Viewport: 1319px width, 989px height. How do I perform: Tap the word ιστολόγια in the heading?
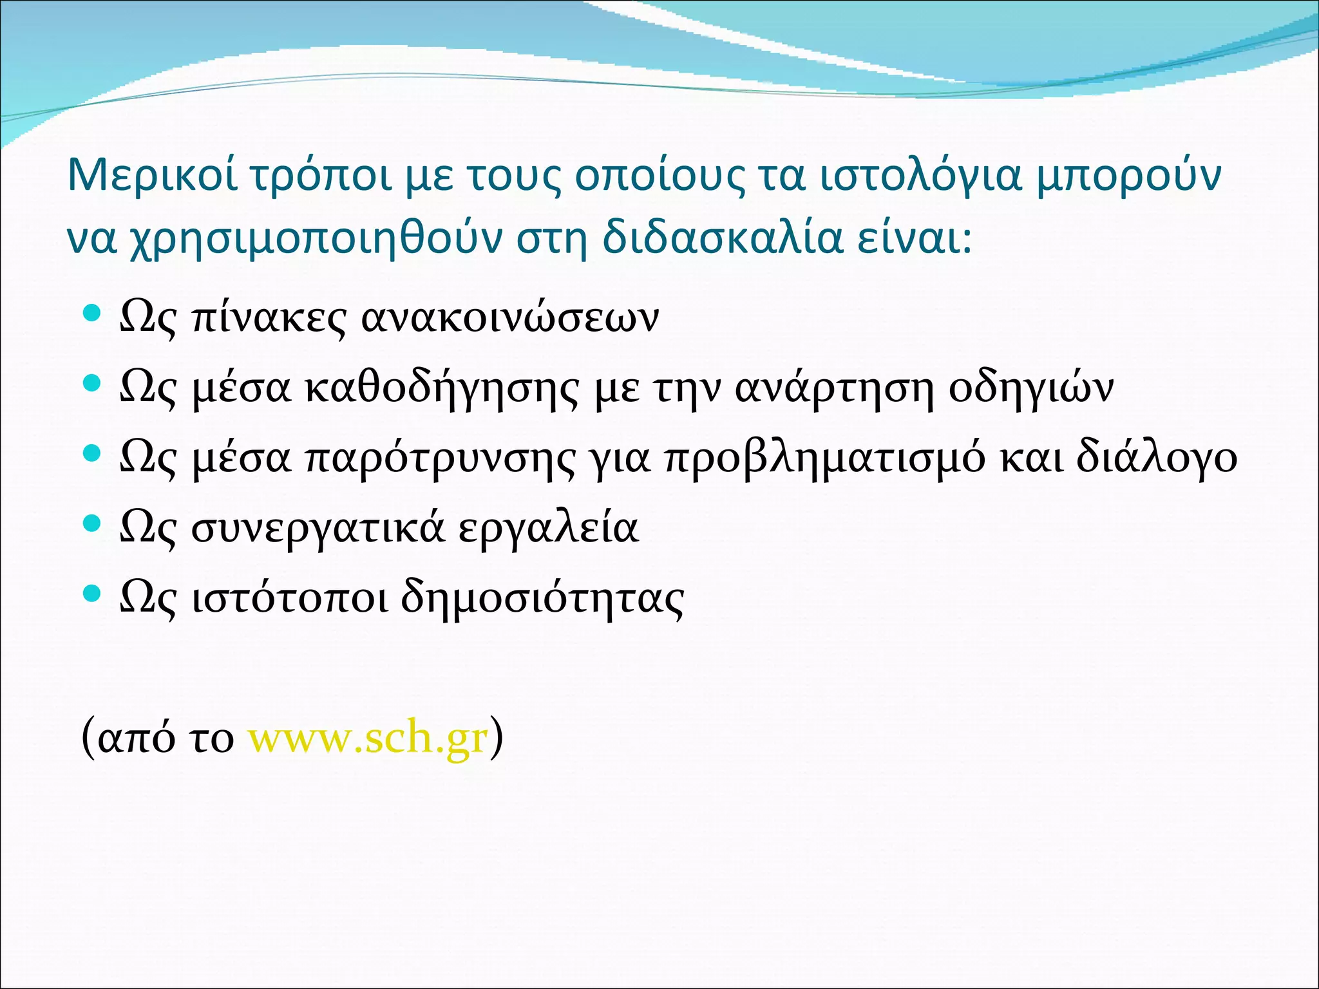(x=920, y=176)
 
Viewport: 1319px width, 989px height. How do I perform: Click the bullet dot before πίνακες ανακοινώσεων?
(x=93, y=314)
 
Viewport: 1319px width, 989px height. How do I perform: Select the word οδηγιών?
(x=1031, y=388)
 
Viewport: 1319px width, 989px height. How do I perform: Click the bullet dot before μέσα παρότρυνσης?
(x=93, y=455)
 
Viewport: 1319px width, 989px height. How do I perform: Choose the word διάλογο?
(x=1156, y=458)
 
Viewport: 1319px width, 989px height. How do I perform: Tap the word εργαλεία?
(x=548, y=529)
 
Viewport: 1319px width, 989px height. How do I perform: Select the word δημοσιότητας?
(x=542, y=599)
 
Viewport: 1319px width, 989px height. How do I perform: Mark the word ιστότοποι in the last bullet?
(x=290, y=598)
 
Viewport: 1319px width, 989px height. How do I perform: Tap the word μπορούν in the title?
(x=1128, y=176)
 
